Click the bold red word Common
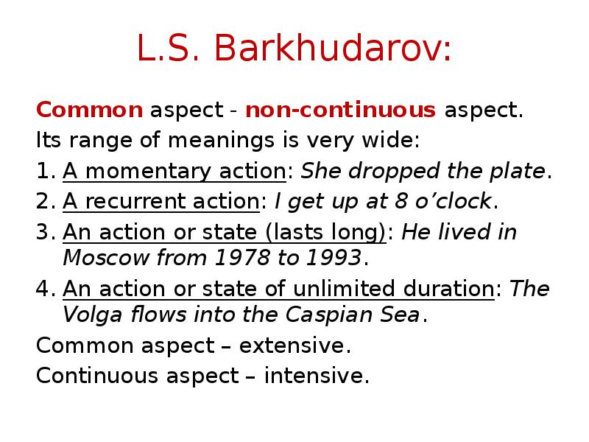coord(90,110)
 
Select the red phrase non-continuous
coord(340,110)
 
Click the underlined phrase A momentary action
coord(174,171)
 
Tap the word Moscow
coord(99,258)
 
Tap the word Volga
coord(86,315)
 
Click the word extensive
coord(300,345)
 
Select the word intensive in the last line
coord(317,376)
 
